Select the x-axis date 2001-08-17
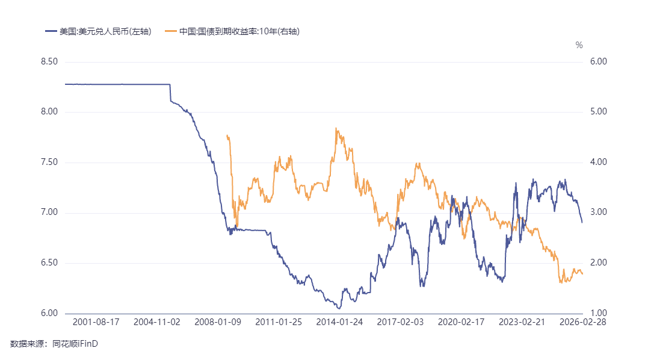[96, 322]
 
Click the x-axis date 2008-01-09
[218, 322]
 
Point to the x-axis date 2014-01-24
[339, 322]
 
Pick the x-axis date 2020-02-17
[461, 322]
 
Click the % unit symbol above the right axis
[579, 45]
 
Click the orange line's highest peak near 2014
[336, 128]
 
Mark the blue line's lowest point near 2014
[339, 309]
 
